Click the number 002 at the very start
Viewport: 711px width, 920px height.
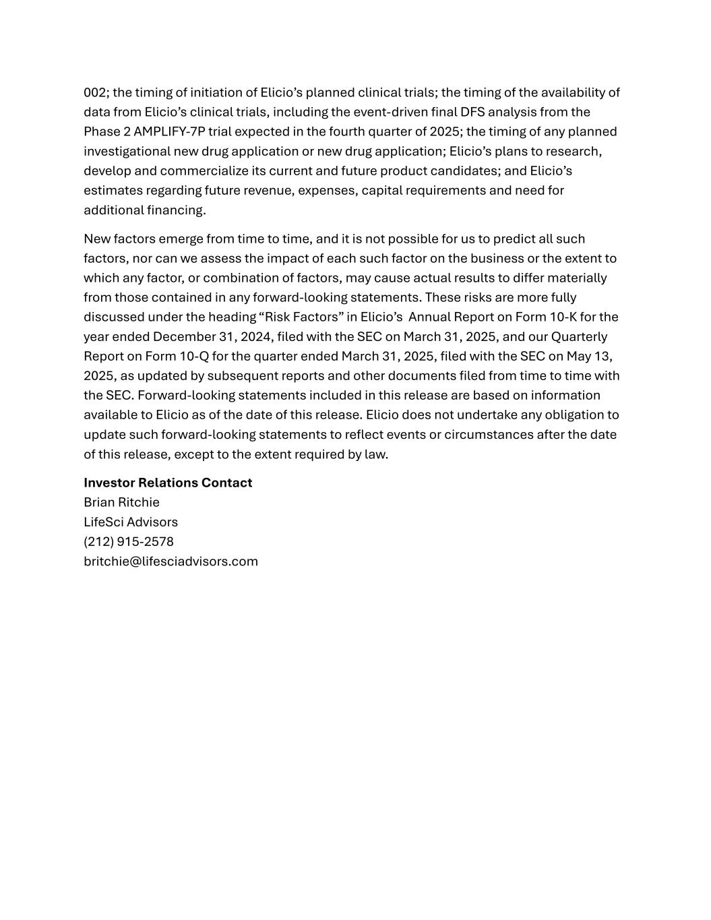[x=93, y=92]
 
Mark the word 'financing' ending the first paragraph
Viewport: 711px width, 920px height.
[x=176, y=210]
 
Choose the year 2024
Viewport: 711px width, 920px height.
[x=254, y=336]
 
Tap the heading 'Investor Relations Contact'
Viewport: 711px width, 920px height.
[x=168, y=483]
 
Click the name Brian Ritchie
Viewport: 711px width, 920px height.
[x=121, y=502]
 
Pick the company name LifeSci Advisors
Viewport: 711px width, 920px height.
[x=131, y=522]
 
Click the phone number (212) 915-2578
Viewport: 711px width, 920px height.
[x=129, y=541]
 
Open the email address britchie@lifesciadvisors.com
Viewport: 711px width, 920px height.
[x=171, y=561]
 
